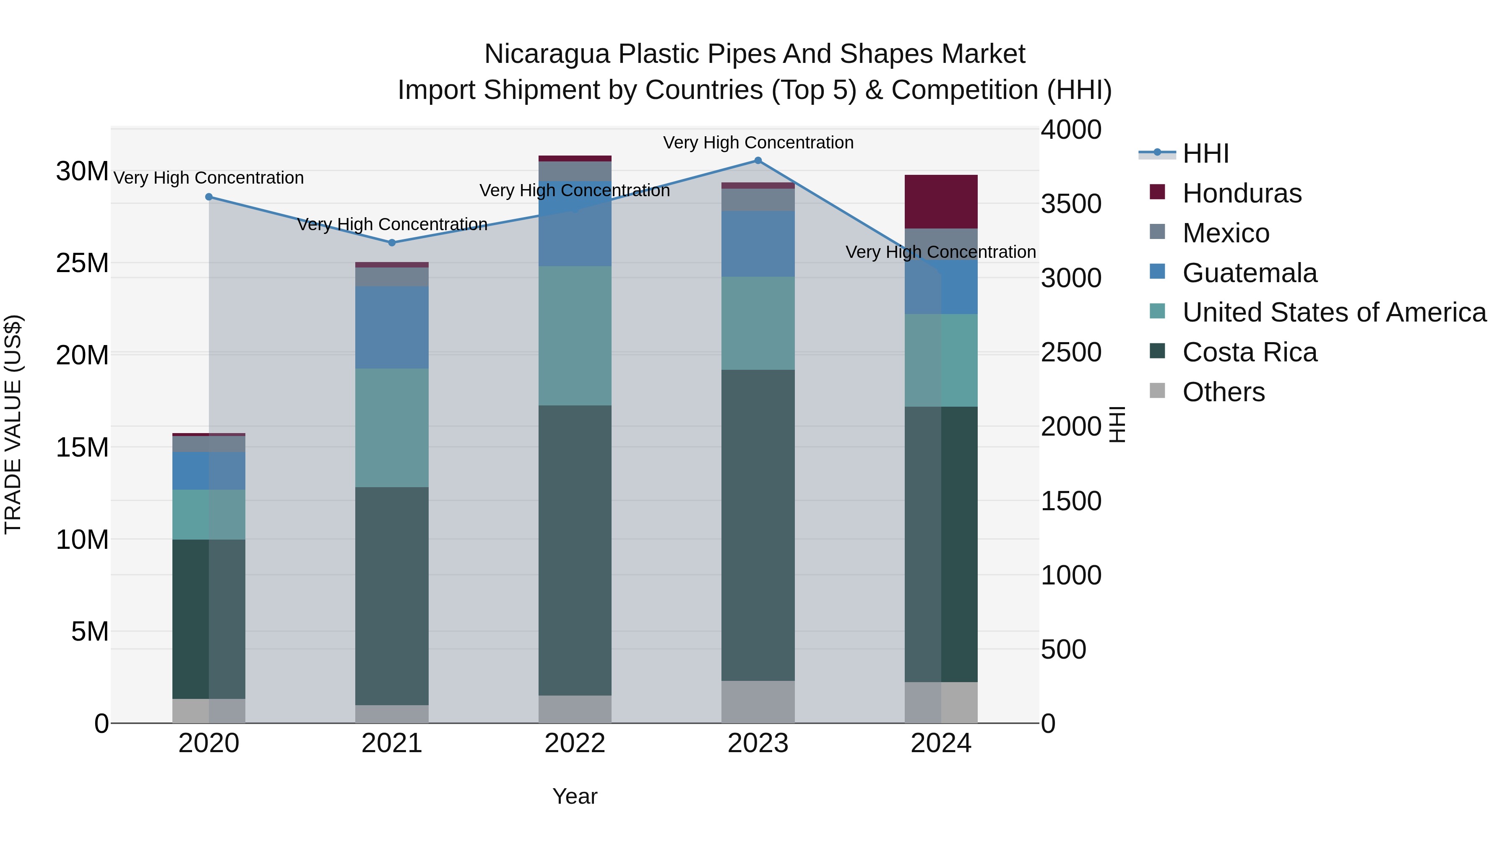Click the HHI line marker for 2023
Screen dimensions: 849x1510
(758, 161)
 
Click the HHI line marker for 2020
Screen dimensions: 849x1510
(209, 197)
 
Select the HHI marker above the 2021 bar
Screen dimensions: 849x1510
(392, 243)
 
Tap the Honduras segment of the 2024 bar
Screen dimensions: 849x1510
(941, 202)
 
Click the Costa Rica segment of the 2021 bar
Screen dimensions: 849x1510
(392, 596)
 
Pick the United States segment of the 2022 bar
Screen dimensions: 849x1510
(575, 336)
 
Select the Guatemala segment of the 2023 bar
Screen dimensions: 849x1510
(758, 244)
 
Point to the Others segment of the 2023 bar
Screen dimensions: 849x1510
(758, 702)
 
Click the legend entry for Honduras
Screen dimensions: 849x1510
(1242, 193)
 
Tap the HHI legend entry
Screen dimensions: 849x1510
(1205, 153)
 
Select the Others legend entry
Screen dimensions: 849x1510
(1224, 392)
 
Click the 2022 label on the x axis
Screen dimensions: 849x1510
(575, 743)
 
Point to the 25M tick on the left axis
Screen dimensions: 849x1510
(82, 263)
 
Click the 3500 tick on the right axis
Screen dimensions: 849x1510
(1071, 204)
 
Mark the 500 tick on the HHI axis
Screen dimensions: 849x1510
(1063, 649)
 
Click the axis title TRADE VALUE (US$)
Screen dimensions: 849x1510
(13, 424)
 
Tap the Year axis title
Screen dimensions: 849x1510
(575, 796)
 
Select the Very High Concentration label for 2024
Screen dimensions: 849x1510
(940, 252)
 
